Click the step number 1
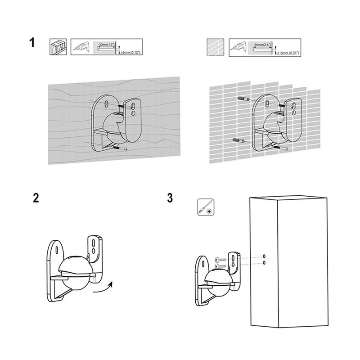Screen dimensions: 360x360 pyautogui.click(x=31, y=43)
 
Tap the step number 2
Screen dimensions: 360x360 pyautogui.click(x=36, y=199)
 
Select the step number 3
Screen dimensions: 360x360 pyautogui.click(x=169, y=198)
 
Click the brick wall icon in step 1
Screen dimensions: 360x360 pyautogui.click(x=215, y=46)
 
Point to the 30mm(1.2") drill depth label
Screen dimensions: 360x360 pyautogui.click(x=107, y=45)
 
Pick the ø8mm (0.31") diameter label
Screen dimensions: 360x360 pyautogui.click(x=290, y=53)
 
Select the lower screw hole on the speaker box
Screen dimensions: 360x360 pyautogui.click(x=264, y=262)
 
